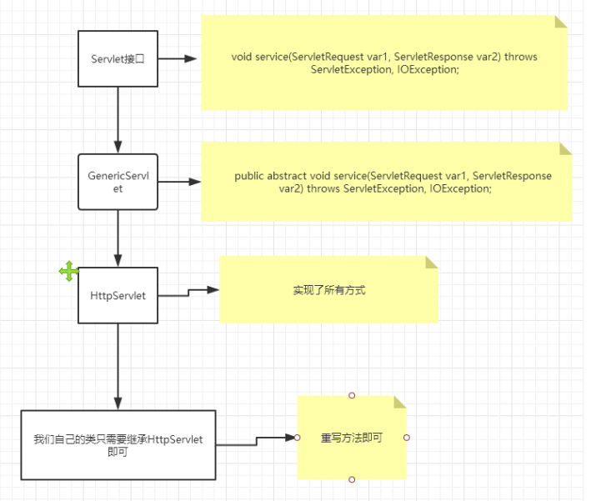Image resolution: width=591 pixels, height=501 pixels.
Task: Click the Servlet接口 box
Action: [x=118, y=58]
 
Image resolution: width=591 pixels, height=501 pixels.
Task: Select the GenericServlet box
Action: [x=118, y=182]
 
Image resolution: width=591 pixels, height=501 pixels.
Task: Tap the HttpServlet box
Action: [x=118, y=295]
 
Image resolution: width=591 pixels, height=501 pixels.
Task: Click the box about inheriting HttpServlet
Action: [x=118, y=445]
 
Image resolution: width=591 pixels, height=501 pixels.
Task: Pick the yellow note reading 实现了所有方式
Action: [x=328, y=291]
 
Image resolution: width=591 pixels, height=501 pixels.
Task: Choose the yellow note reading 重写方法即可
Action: [x=351, y=438]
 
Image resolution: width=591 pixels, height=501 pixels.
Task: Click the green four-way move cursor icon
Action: [x=68, y=271]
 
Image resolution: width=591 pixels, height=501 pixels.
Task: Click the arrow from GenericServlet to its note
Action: [x=179, y=182]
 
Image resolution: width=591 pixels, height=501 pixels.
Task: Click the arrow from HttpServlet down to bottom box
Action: [x=118, y=367]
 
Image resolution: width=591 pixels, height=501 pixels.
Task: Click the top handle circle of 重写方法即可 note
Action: [x=352, y=395]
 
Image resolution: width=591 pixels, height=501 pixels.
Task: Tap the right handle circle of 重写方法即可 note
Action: [x=406, y=438]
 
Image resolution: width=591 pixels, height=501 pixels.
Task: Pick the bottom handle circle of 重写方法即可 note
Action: [x=352, y=479]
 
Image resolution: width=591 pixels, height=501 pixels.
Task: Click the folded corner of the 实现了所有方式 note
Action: [x=431, y=263]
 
